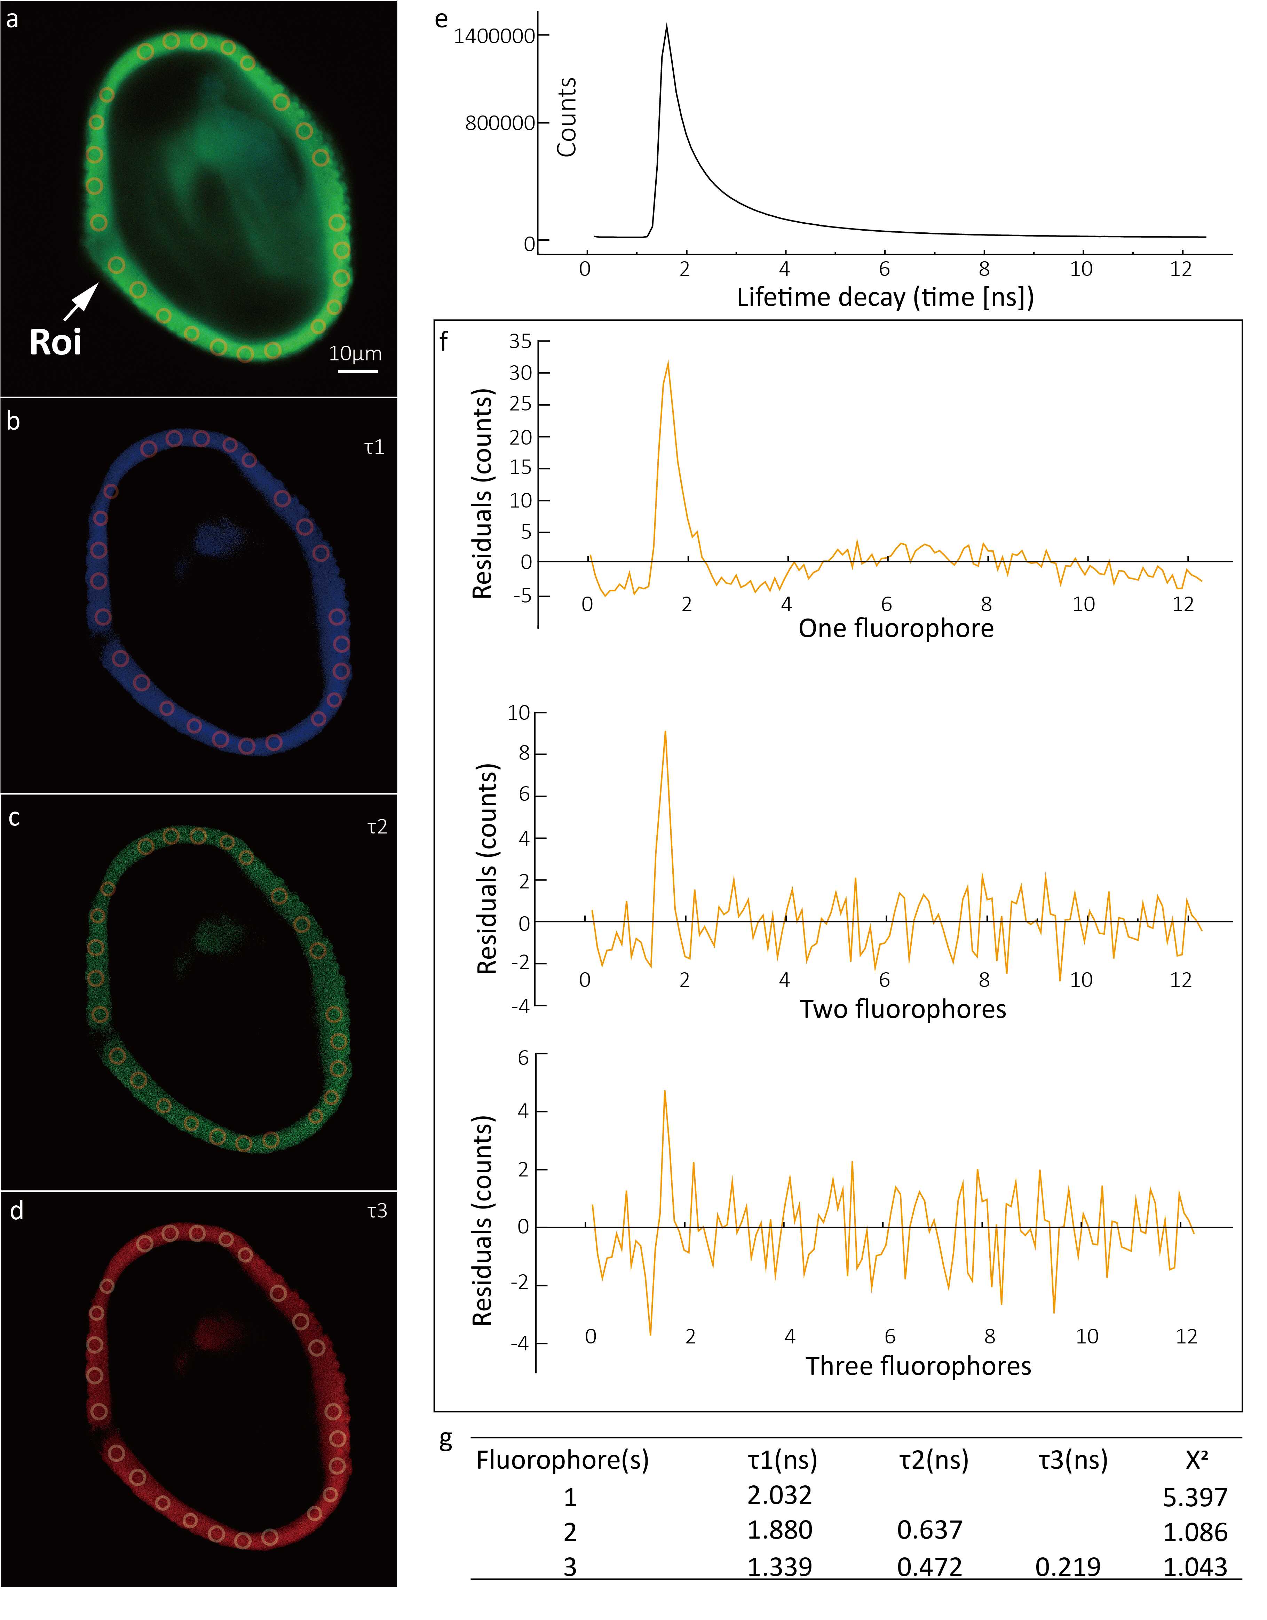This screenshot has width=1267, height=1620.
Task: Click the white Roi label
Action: tap(56, 342)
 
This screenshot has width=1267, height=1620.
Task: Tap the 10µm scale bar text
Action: tap(355, 354)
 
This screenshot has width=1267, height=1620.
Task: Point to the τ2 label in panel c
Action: tap(377, 827)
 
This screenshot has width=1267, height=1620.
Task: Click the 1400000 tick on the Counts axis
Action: tap(494, 36)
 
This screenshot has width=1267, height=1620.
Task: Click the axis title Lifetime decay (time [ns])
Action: tap(885, 297)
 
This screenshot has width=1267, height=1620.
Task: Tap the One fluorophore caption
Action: tap(895, 628)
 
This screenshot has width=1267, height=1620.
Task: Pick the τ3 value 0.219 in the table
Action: tap(1068, 1567)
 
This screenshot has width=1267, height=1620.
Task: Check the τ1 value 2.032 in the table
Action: tap(779, 1495)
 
